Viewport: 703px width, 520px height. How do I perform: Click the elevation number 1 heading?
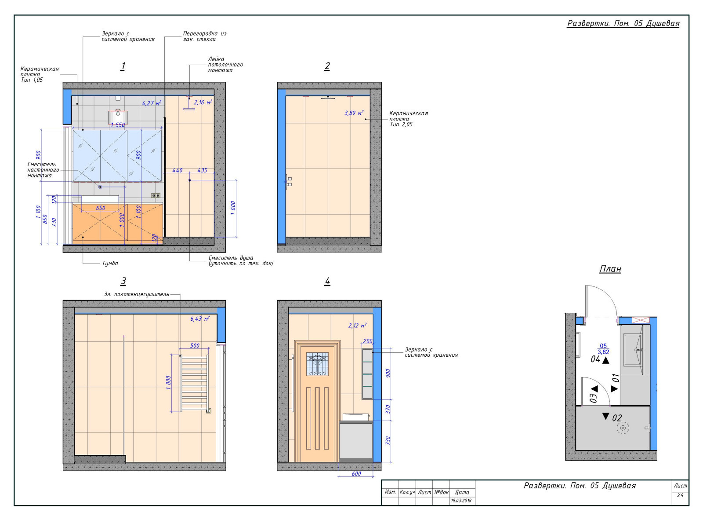(x=123, y=66)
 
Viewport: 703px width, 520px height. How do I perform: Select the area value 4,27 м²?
(x=152, y=103)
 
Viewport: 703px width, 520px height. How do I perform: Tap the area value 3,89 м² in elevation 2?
(x=354, y=113)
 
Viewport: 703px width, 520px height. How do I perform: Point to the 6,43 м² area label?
(x=199, y=319)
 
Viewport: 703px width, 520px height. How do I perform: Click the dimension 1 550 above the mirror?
(x=118, y=125)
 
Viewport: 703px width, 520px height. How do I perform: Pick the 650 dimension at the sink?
(x=101, y=208)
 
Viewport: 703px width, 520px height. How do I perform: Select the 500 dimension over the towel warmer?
(x=195, y=346)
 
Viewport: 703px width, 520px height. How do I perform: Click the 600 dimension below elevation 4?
(x=356, y=474)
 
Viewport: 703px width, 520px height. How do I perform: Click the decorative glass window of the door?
(x=317, y=364)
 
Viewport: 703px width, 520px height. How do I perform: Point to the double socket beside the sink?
(x=156, y=196)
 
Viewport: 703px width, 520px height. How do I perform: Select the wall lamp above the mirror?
(x=118, y=117)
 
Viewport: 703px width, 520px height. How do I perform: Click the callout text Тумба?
(x=110, y=263)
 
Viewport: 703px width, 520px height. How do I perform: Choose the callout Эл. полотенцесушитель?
(x=136, y=294)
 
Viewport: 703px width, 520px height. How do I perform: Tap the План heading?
(x=610, y=269)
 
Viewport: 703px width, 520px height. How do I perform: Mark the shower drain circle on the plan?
(x=623, y=428)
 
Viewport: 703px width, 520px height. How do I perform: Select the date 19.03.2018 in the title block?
(x=461, y=501)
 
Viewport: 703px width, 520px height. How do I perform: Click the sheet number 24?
(x=680, y=494)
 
